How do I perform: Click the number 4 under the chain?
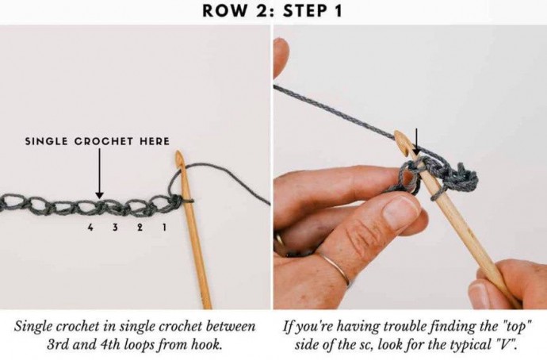[90, 228]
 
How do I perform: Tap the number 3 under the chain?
[115, 228]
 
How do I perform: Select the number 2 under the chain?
[140, 228]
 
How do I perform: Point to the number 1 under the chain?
[164, 228]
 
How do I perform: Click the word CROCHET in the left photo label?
[104, 141]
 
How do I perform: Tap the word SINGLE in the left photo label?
[47, 141]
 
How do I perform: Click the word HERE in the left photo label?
[155, 141]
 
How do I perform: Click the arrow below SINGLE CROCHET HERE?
[99, 174]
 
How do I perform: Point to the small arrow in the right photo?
[416, 142]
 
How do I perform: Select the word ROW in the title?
[222, 10]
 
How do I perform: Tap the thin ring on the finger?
[336, 269]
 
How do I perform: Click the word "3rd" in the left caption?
[58, 345]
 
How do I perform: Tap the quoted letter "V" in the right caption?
[507, 345]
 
